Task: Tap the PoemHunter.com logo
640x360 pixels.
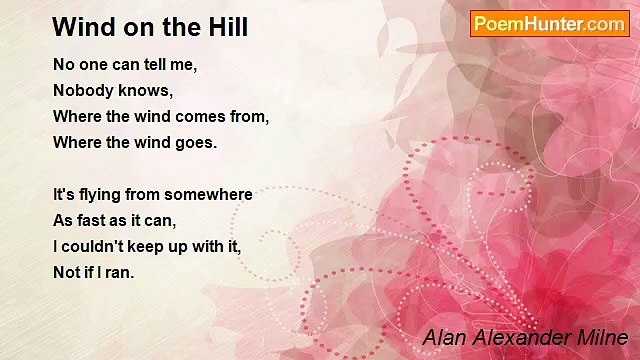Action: click(x=549, y=24)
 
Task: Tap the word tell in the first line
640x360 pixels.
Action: click(x=151, y=64)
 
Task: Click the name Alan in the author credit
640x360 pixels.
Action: click(x=443, y=338)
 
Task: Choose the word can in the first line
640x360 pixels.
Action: click(x=120, y=64)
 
